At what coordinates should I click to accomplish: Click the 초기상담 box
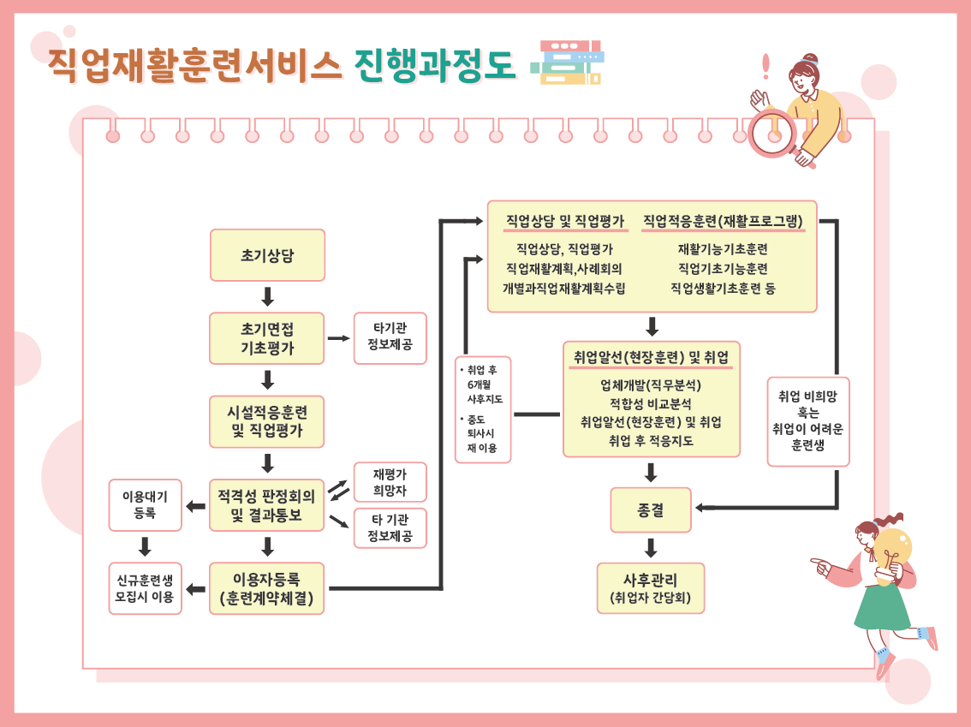click(x=267, y=255)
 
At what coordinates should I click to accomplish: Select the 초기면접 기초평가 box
click(x=267, y=338)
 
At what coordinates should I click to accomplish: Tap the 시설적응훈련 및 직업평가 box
click(x=267, y=421)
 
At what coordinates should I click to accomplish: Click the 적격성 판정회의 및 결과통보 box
click(x=267, y=505)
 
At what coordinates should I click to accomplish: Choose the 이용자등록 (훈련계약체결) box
click(x=267, y=588)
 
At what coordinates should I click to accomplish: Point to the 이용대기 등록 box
click(x=145, y=505)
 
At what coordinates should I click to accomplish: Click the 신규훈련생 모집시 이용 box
click(x=145, y=588)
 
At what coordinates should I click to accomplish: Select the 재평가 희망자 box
click(x=390, y=482)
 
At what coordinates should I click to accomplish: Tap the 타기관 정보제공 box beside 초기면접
click(x=390, y=337)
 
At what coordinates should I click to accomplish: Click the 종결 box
click(x=651, y=510)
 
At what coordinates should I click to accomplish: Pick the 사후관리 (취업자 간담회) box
click(x=651, y=588)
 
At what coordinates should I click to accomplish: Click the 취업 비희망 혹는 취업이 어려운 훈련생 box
click(x=808, y=421)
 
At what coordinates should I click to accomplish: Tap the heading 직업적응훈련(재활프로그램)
click(x=723, y=221)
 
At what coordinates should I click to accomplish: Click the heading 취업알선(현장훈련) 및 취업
click(x=651, y=356)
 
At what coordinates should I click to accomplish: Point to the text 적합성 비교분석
click(x=651, y=403)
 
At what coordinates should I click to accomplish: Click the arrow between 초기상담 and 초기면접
click(x=267, y=296)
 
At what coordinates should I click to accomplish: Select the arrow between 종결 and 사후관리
click(x=651, y=548)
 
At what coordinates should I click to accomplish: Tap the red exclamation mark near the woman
click(x=765, y=66)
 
